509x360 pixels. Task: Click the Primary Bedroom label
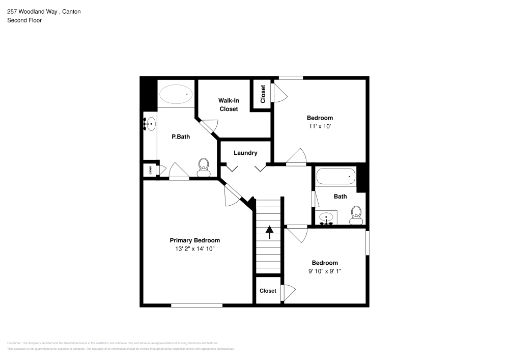coord(194,240)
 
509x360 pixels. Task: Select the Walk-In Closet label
coord(229,105)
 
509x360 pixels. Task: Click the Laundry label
coord(245,153)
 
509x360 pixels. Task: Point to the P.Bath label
coord(181,136)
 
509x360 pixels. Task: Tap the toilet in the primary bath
coord(204,167)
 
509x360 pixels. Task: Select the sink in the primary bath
coord(150,124)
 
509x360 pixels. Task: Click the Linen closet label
coord(150,170)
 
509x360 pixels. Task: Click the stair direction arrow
coord(269,232)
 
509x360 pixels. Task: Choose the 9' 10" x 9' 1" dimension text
coord(324,271)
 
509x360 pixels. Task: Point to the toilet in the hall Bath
coord(356,215)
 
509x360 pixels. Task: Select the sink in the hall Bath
coord(327,218)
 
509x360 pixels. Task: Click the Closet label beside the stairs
coord(268,291)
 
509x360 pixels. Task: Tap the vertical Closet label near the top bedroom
coord(263,95)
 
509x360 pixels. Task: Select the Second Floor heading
coord(24,20)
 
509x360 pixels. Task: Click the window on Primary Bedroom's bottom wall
coord(196,305)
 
